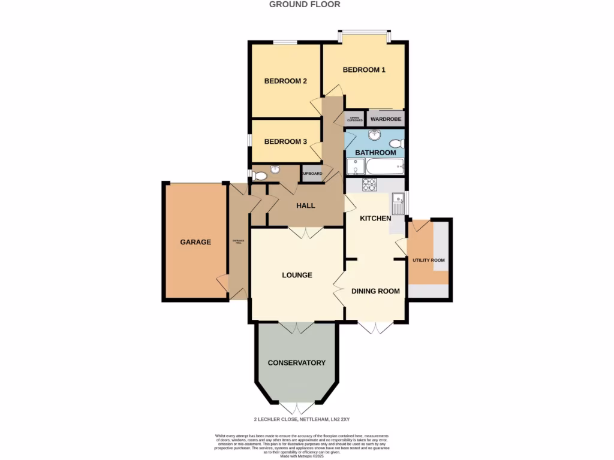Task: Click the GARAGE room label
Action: click(195, 242)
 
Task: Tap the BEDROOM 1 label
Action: click(364, 69)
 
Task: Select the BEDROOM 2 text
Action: click(285, 81)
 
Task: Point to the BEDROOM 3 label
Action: click(285, 141)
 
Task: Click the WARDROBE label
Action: click(386, 119)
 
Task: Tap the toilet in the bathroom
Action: click(396, 144)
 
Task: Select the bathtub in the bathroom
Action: click(384, 166)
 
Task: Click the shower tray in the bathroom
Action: click(355, 167)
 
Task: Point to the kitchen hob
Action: click(368, 184)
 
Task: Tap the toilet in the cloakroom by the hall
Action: click(260, 175)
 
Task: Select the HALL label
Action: click(306, 205)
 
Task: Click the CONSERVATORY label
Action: click(296, 362)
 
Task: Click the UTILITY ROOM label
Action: click(428, 260)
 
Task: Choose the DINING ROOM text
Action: click(375, 291)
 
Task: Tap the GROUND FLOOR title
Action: click(305, 4)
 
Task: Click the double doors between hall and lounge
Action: click(306, 232)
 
